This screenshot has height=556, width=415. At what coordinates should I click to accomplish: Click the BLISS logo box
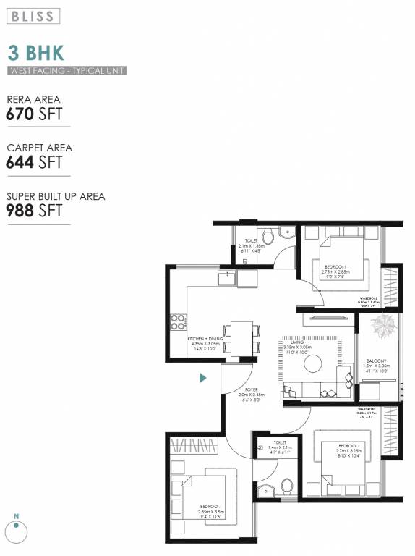click(x=34, y=16)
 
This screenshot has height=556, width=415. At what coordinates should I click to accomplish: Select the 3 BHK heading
click(x=35, y=52)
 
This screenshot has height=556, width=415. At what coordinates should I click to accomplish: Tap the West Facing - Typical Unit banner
click(x=67, y=71)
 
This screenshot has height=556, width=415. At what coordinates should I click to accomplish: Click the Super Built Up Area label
click(x=56, y=196)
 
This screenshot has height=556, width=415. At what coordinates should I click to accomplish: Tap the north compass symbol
click(x=16, y=531)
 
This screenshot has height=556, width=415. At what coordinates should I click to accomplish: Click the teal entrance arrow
click(x=204, y=377)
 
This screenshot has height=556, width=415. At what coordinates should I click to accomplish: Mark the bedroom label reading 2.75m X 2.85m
click(x=334, y=271)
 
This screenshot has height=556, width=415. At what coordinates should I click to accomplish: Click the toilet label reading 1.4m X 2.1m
click(x=279, y=447)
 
